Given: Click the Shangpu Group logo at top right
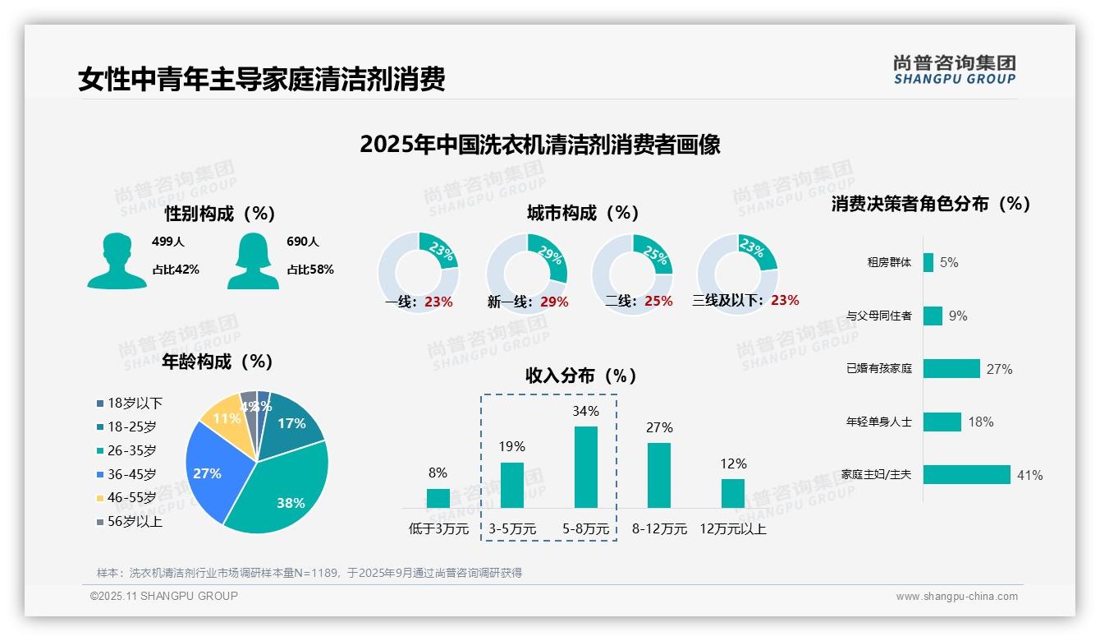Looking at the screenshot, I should [954, 70].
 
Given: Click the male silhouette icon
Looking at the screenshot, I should [117, 261].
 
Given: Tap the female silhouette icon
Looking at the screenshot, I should [253, 261].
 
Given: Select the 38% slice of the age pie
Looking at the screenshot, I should [283, 485].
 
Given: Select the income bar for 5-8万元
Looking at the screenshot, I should [585, 467].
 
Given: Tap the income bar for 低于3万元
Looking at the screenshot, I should [438, 498].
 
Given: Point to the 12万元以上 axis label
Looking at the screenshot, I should [732, 529].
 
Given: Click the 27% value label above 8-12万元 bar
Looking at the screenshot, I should [659, 427].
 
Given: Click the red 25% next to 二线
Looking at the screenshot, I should [658, 302].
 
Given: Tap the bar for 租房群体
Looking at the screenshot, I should [928, 262].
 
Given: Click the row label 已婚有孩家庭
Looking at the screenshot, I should [878, 369].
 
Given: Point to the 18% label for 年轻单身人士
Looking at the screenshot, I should [980, 422].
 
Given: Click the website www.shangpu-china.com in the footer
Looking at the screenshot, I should [956, 597].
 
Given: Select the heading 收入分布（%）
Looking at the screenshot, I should [581, 376].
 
